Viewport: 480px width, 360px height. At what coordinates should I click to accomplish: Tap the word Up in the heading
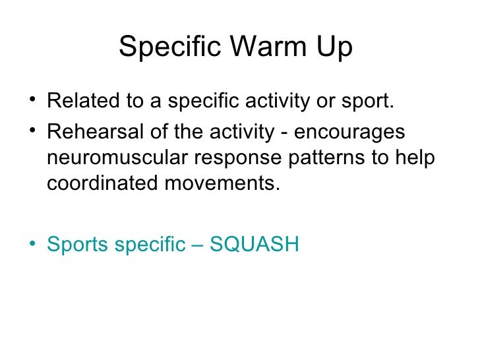point(334,47)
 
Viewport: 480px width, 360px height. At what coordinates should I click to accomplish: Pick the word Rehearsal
point(90,132)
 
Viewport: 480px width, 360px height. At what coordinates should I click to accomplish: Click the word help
point(417,158)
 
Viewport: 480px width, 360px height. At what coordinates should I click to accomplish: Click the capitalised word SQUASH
point(255,245)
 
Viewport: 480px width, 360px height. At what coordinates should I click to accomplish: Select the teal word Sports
point(77,245)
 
